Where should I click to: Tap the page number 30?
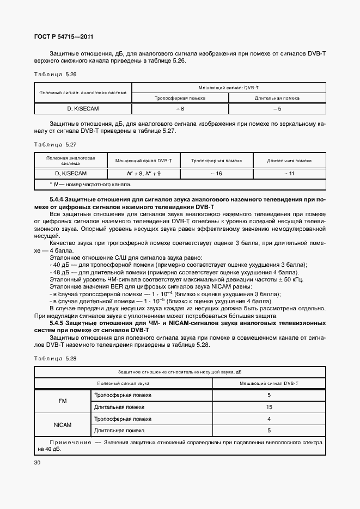38,463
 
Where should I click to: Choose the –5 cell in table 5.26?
277,109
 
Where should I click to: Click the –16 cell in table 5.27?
216,174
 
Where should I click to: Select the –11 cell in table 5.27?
289,174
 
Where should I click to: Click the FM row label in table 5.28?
62,401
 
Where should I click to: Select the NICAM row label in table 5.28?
62,425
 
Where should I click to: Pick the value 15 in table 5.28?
269,407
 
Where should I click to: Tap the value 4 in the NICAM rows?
269,419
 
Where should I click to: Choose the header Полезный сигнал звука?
123,383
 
